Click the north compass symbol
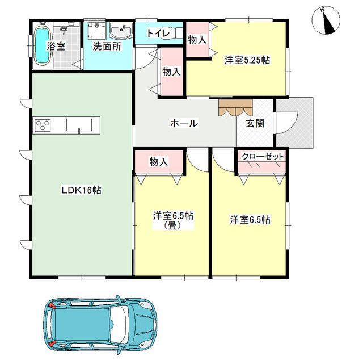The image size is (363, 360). [x=326, y=21]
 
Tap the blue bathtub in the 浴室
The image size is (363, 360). [x=42, y=45]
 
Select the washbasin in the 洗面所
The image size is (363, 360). [x=121, y=31]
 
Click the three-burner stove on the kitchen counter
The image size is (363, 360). [x=43, y=125]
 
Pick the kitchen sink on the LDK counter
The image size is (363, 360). [x=79, y=125]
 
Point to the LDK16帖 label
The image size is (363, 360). [x=81, y=190]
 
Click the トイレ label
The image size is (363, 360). [x=159, y=34]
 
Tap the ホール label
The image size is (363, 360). [x=184, y=123]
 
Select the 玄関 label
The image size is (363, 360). [x=255, y=123]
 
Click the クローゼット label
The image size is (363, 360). [x=263, y=157]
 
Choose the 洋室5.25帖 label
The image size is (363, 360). [x=247, y=60]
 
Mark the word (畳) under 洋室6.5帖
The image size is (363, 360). [x=172, y=225]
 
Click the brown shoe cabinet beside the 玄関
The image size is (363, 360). [x=235, y=108]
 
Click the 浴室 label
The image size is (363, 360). [x=56, y=46]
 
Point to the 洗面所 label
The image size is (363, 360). [x=107, y=47]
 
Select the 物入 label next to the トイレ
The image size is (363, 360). [x=197, y=40]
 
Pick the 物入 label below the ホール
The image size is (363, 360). [x=159, y=162]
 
